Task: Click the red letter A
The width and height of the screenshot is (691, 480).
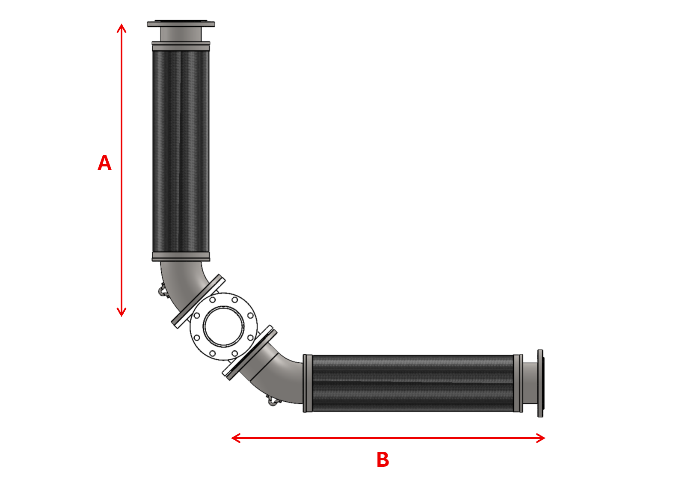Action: [x=104, y=163]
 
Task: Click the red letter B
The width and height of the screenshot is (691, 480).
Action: [x=383, y=459]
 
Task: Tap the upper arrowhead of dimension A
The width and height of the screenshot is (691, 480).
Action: [x=122, y=28]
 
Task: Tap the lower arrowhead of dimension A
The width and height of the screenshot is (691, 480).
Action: [x=122, y=312]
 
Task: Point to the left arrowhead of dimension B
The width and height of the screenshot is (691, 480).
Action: [x=236, y=438]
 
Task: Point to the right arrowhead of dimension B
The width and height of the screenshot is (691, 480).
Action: [x=541, y=438]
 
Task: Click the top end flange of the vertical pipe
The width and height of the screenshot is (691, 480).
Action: [x=181, y=24]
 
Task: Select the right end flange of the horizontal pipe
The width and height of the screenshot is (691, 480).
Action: [x=540, y=383]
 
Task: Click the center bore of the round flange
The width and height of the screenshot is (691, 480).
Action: [x=223, y=326]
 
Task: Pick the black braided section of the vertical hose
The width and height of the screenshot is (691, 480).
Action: [x=181, y=151]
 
